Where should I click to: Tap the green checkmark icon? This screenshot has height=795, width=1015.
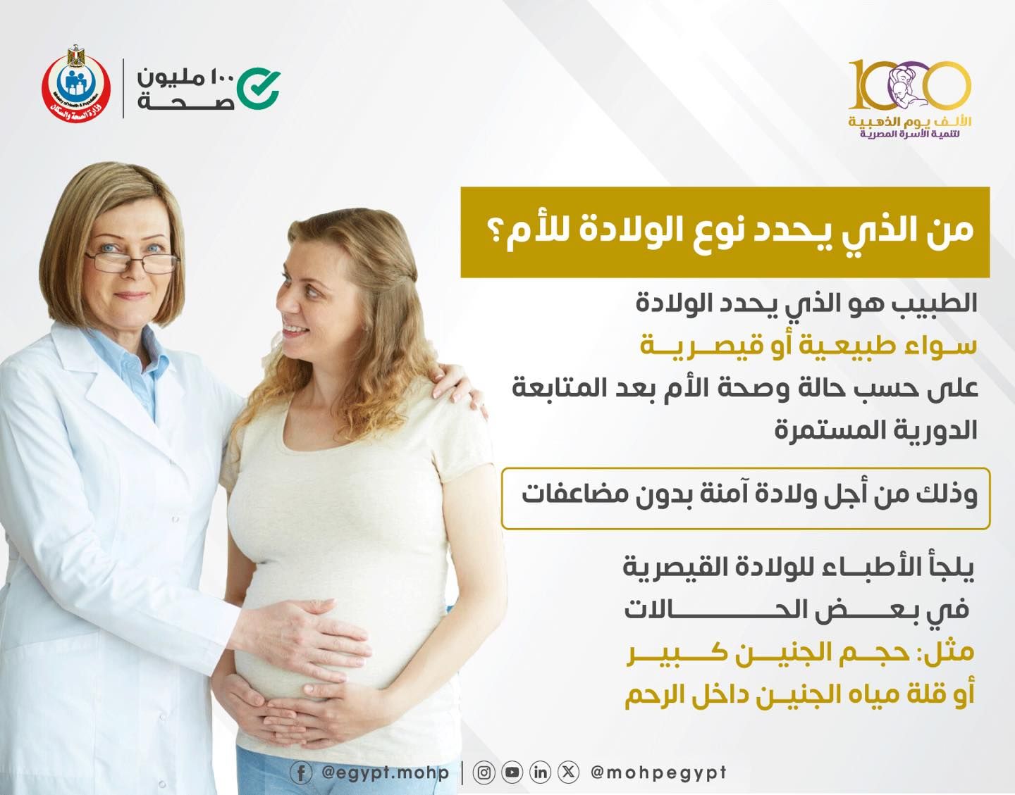258,88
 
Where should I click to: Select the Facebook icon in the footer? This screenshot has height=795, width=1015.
301,773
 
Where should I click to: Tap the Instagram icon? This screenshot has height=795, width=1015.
484,773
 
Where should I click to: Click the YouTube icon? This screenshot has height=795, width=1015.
512,773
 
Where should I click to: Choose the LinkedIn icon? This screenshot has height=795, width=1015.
540,773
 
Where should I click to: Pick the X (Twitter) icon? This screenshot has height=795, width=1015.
568,773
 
